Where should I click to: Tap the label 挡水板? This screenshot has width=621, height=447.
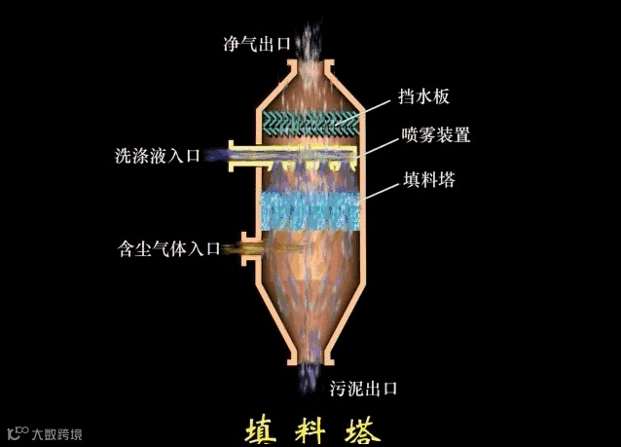(x=422, y=96)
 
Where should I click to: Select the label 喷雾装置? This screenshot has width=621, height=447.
(x=435, y=135)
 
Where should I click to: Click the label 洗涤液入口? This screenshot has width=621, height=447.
(x=157, y=155)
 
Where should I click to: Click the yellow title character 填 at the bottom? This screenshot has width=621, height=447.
(x=262, y=429)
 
